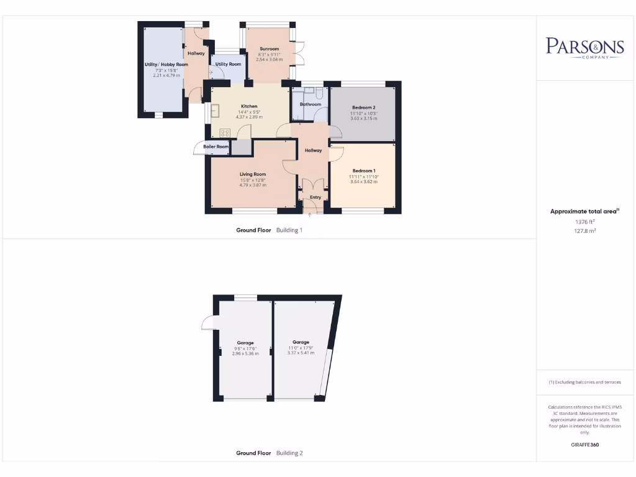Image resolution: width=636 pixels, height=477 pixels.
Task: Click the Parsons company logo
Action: pos(584,47)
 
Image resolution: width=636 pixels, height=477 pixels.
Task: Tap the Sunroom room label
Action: pos(269,48)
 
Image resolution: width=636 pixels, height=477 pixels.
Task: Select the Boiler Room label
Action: pos(216,147)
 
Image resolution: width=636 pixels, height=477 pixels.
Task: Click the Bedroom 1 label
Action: pos(364,171)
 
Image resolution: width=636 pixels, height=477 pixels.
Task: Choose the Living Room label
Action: pos(253,175)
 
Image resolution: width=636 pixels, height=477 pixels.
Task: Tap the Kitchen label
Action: pos(249,106)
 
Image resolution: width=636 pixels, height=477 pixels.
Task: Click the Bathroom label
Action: pos(311,104)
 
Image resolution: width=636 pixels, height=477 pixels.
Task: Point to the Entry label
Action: pos(316,198)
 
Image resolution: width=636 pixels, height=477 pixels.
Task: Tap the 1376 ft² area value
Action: pos(584,221)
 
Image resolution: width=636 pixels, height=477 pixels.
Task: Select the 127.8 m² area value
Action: pos(584,230)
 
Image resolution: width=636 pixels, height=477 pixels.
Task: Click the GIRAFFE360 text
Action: pos(584,445)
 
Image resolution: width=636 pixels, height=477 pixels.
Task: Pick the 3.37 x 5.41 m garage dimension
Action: pos(301,353)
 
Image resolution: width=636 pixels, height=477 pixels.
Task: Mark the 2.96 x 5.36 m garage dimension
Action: pos(245,353)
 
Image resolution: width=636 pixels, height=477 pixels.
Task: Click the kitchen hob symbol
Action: pos(224,132)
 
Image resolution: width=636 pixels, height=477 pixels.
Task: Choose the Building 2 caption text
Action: pos(289,453)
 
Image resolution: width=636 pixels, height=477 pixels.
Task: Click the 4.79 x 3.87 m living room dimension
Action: pos(253,185)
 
